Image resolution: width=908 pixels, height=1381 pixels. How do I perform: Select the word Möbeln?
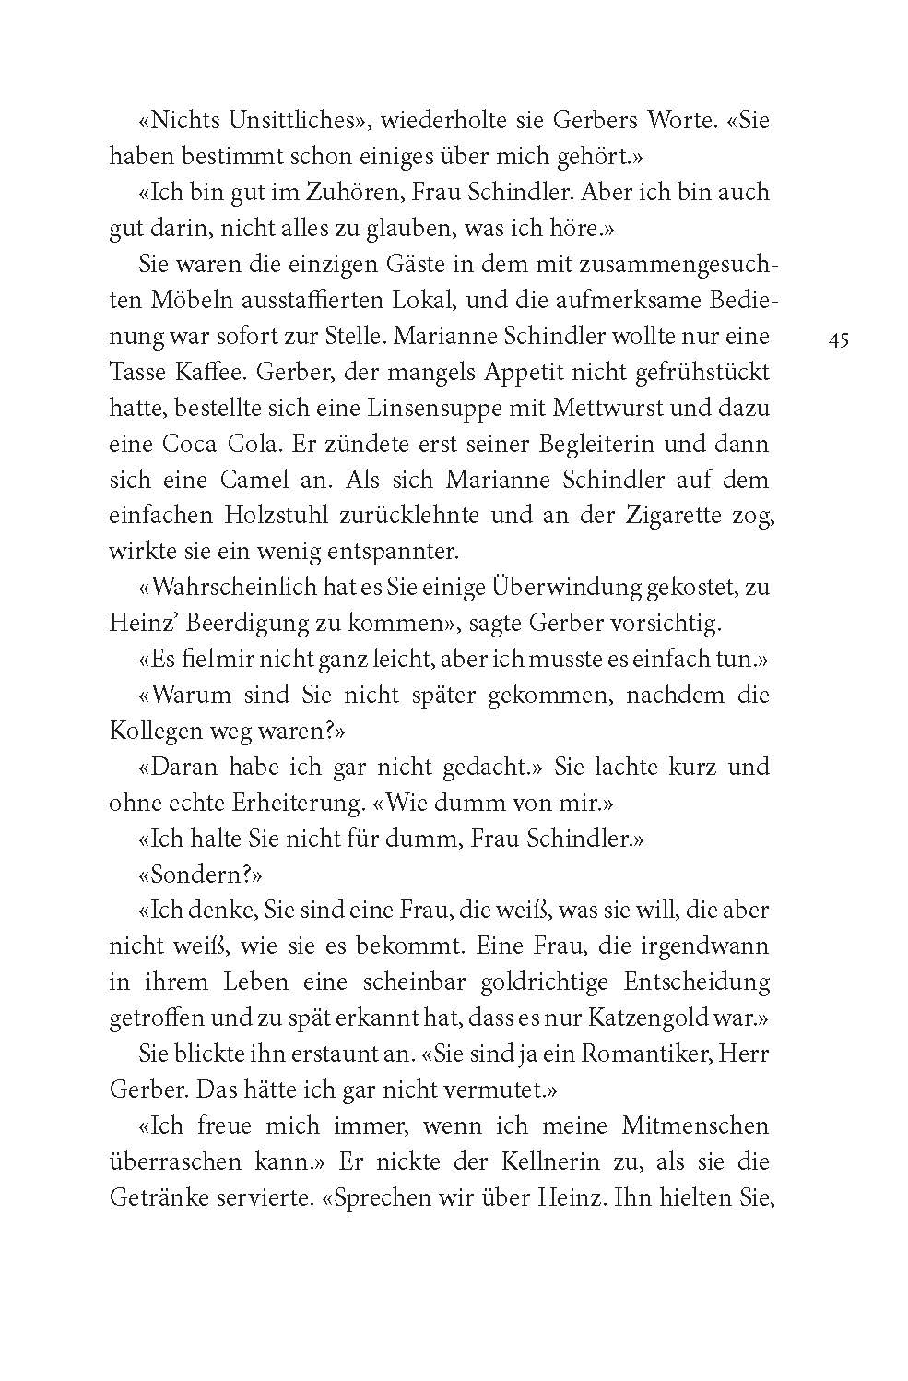coord(177,301)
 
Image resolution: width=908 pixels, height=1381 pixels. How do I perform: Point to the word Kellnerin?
coord(552,1161)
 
